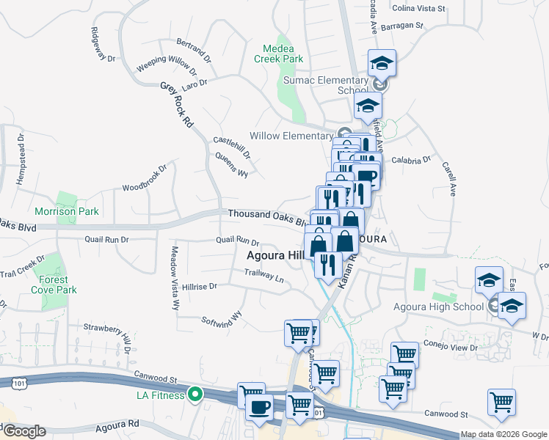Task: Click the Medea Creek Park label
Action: coord(278,53)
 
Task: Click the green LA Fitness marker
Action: coord(194,395)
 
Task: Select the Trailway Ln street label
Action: coord(263,276)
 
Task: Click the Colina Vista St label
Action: coord(419,9)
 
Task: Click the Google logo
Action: coord(23,431)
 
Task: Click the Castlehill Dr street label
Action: coord(232,147)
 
